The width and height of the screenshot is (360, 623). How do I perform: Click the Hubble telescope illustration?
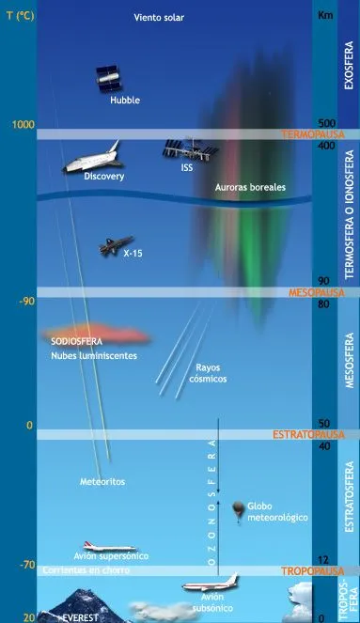(111, 80)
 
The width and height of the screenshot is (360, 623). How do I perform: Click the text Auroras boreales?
(251, 187)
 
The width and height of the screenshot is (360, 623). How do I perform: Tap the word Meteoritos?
(102, 481)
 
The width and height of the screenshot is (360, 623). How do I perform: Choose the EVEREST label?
(80, 617)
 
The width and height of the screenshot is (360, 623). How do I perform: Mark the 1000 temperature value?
(23, 125)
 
